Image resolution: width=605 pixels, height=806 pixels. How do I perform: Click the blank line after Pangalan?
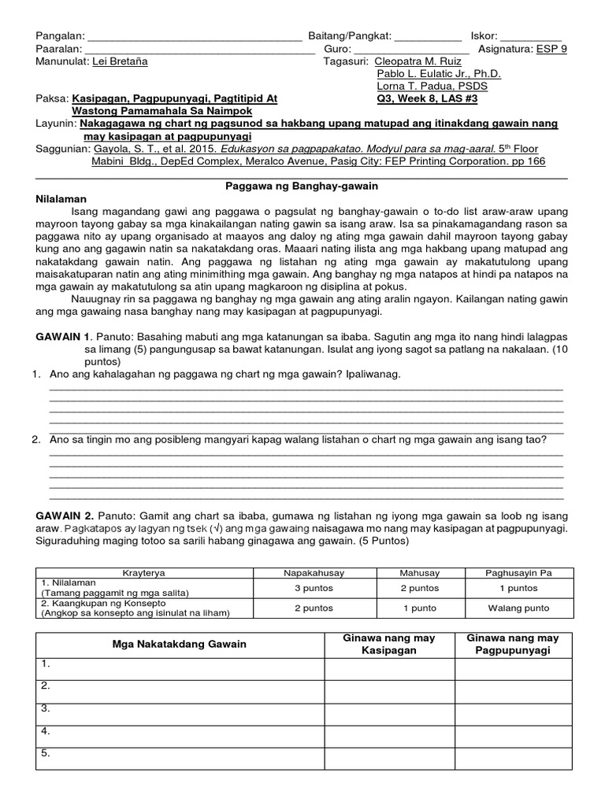(x=194, y=36)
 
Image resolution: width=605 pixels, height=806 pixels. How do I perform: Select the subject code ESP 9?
(x=551, y=49)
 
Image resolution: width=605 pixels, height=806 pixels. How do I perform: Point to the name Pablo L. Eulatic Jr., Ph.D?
(x=439, y=74)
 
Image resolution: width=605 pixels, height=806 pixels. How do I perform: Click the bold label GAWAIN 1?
(x=65, y=336)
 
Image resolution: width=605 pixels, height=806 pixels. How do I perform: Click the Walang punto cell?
(x=518, y=608)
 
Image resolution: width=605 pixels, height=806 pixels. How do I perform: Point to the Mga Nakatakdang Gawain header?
(x=180, y=644)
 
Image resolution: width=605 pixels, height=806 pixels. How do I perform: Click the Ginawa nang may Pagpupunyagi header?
(x=513, y=644)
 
